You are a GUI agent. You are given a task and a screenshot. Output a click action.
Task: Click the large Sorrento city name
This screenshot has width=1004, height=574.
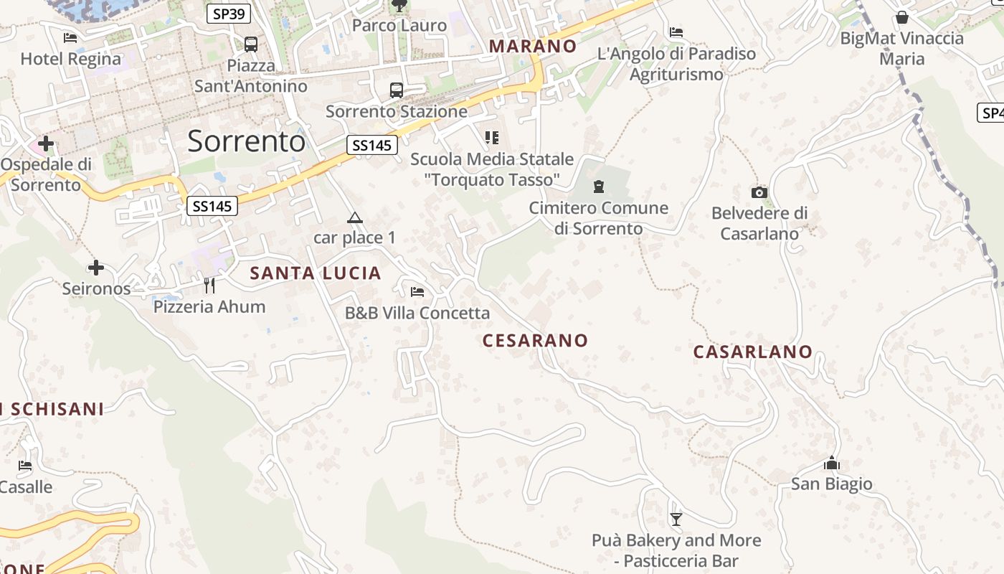(246, 141)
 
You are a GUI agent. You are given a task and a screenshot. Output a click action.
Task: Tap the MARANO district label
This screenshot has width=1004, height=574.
(533, 46)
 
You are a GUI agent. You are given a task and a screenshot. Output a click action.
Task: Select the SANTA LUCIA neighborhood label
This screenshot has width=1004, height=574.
(316, 273)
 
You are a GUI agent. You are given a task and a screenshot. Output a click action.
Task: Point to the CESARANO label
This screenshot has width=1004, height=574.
(535, 341)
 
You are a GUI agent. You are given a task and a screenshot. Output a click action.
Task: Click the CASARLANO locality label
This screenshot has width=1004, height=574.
(752, 352)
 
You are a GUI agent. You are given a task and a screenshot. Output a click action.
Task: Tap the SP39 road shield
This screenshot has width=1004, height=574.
(229, 13)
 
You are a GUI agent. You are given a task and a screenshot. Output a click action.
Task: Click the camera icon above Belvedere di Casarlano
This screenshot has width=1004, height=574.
(759, 192)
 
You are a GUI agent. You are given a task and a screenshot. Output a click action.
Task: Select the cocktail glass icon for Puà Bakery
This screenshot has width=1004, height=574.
(676, 519)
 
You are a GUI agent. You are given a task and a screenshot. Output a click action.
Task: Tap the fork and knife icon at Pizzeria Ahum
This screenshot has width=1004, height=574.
(209, 286)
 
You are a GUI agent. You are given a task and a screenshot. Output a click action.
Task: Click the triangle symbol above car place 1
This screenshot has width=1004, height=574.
(354, 217)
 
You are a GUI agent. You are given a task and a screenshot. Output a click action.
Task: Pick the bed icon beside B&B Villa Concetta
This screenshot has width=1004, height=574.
(417, 291)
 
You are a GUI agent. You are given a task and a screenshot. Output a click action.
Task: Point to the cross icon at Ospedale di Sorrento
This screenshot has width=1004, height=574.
(46, 143)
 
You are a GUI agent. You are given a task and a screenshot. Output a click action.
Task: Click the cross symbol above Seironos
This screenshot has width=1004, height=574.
(96, 268)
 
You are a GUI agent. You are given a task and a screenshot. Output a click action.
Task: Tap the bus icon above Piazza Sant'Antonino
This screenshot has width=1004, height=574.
(251, 44)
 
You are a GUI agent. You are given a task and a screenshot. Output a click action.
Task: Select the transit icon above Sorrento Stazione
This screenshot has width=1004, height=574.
(397, 90)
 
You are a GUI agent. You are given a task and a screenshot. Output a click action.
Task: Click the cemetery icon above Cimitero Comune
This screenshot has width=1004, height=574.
(599, 187)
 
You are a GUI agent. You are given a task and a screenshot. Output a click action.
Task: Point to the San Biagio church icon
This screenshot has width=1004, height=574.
(832, 463)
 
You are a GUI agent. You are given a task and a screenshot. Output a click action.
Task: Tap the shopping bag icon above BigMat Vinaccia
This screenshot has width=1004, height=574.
(902, 17)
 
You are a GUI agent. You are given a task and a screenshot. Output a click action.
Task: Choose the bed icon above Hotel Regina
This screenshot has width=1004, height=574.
(70, 37)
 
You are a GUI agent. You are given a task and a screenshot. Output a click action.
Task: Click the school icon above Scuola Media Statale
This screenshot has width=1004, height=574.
(491, 137)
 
